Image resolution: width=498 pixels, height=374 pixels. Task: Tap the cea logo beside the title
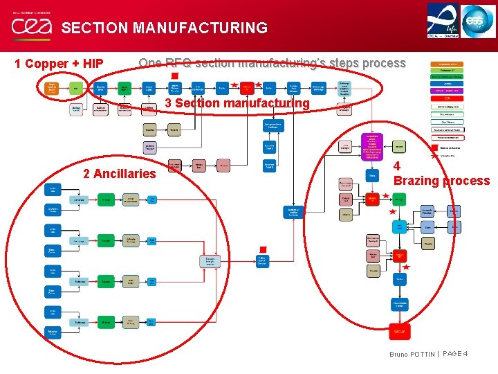point(30,27)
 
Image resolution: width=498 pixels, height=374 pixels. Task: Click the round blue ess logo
point(479,20)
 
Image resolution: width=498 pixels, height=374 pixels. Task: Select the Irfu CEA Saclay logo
point(443,20)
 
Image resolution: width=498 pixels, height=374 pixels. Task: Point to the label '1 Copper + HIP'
point(59,64)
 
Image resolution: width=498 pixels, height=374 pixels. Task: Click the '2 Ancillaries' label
point(120,174)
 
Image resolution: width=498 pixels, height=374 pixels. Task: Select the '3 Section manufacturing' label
point(237,103)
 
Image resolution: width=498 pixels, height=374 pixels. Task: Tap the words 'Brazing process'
point(441,181)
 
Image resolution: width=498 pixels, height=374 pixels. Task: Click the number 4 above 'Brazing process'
point(397,166)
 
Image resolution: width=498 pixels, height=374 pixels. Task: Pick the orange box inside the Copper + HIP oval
point(51,88)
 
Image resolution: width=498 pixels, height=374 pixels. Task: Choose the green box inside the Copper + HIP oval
point(75,88)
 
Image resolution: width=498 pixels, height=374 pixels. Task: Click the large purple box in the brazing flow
point(372,147)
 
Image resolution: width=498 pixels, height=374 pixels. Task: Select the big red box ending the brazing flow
point(399,332)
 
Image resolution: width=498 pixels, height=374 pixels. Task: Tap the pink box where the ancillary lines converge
point(210,261)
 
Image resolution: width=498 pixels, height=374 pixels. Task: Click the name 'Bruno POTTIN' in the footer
point(412,355)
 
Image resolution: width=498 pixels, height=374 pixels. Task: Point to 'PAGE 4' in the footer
point(455,354)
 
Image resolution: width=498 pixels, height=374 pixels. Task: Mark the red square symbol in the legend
point(434,147)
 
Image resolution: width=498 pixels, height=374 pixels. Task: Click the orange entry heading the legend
point(448,64)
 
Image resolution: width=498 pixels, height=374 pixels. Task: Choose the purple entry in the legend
point(448,91)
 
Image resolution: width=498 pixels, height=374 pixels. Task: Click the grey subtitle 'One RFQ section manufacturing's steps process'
point(272,63)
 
